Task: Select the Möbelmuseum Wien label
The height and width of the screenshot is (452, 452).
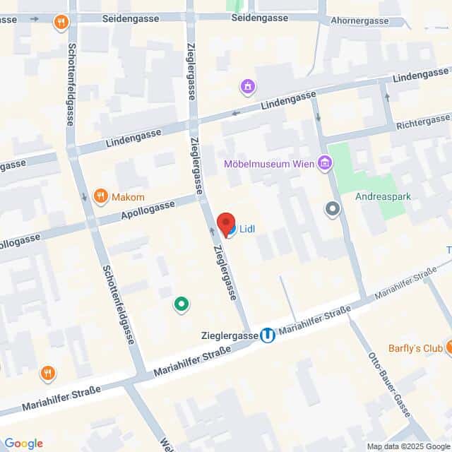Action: [268, 165]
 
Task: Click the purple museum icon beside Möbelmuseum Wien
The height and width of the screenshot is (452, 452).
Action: [324, 164]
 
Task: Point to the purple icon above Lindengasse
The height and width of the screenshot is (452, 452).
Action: [248, 87]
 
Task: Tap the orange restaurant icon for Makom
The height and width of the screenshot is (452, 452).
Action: [100, 196]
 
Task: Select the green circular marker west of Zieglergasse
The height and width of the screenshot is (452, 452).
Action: [181, 304]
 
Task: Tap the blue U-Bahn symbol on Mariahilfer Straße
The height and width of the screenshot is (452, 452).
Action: [268, 335]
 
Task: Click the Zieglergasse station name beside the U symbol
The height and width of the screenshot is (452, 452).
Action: [230, 336]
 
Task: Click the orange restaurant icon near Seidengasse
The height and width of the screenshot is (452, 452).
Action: [62, 23]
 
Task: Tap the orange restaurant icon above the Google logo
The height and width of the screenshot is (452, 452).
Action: [48, 372]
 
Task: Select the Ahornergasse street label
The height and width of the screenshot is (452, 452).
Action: [359, 21]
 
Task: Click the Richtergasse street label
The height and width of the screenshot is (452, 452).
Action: [424, 121]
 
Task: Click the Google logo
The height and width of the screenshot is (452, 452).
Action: [23, 444]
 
